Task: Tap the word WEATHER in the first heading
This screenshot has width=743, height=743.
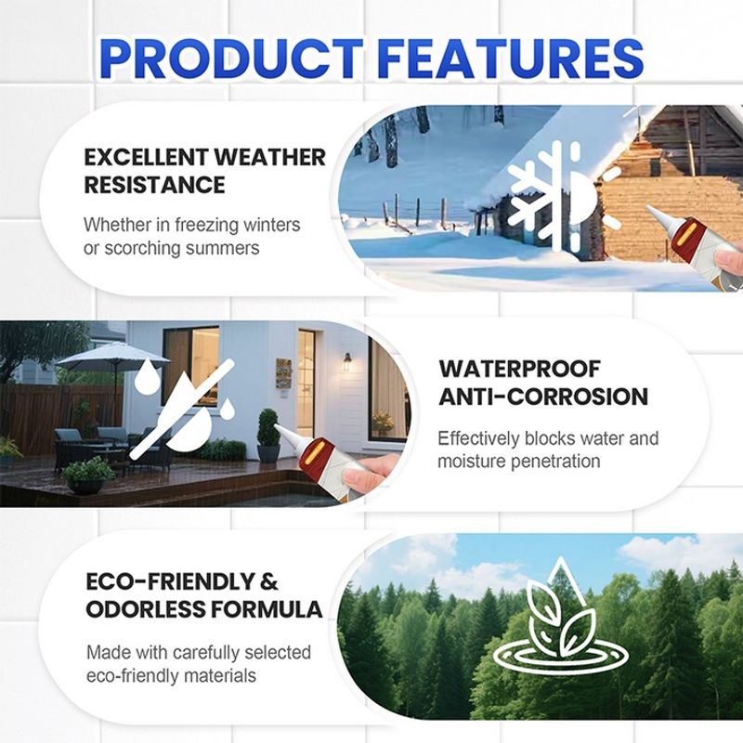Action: (x=269, y=157)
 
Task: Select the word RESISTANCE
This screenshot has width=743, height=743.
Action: (x=154, y=185)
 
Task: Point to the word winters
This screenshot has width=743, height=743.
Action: (x=271, y=224)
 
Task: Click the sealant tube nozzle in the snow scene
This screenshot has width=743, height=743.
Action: (x=658, y=216)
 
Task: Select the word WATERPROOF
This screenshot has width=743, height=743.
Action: (x=519, y=369)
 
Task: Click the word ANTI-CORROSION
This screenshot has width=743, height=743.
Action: (x=543, y=397)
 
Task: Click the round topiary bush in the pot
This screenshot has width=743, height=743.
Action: (x=268, y=427)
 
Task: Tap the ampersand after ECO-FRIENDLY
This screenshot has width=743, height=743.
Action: (x=268, y=581)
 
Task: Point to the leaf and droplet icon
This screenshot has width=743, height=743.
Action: (x=561, y=615)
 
